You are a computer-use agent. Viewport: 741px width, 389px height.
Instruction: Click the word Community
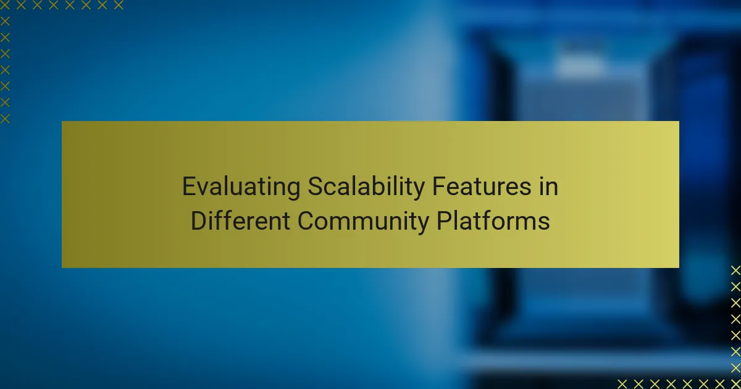click(362, 220)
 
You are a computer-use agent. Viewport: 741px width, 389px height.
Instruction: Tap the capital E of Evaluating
click(188, 187)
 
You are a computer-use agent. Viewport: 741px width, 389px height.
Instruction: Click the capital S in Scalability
click(314, 187)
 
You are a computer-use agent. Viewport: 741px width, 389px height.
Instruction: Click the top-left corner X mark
click(5, 6)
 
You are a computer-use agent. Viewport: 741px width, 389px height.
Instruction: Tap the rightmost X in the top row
click(119, 6)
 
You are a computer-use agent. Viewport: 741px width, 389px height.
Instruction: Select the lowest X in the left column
click(5, 118)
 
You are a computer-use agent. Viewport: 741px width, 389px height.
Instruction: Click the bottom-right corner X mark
click(735, 383)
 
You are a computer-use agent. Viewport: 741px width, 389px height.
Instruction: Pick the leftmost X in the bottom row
click(622, 383)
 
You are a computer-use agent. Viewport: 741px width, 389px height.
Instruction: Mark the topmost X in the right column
click(735, 270)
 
